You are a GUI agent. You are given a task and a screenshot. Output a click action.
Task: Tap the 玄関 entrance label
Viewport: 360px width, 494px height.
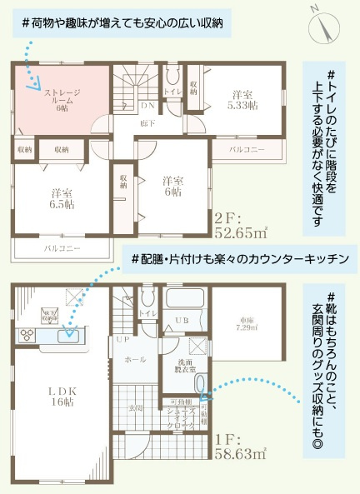click(x=136, y=407)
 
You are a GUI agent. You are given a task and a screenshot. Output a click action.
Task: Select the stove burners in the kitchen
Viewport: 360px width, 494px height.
click(x=26, y=337)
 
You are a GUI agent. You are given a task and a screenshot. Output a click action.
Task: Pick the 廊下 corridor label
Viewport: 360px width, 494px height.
click(x=147, y=123)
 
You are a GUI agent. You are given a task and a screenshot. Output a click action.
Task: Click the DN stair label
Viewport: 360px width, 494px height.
click(x=146, y=106)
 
